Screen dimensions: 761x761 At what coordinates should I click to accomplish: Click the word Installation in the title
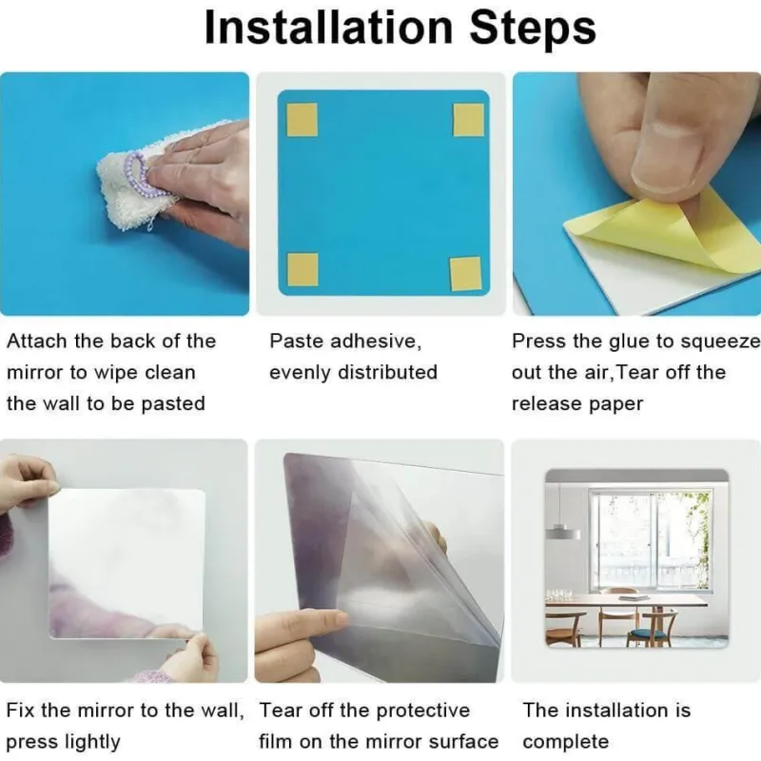329,28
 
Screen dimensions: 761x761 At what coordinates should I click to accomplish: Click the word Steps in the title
533,28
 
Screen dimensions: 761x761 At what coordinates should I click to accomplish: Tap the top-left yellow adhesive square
302,120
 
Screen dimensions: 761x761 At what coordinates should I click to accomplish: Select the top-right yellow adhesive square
468,120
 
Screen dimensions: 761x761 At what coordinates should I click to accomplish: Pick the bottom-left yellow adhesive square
302,269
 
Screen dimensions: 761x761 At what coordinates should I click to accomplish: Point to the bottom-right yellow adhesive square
465,274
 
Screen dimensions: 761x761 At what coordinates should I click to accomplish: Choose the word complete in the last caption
565,742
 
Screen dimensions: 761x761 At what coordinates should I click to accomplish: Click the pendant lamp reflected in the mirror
562,532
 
